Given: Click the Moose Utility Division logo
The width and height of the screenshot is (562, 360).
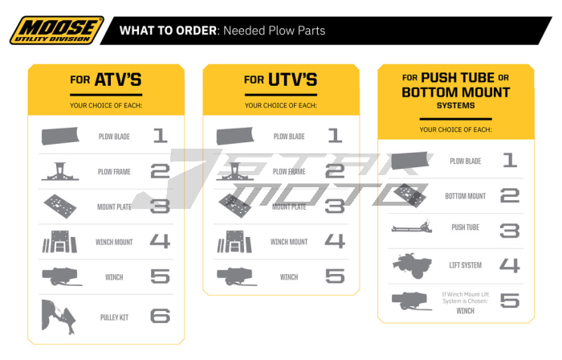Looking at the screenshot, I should click(56, 30).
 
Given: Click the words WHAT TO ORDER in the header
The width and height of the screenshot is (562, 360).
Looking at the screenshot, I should click(168, 31).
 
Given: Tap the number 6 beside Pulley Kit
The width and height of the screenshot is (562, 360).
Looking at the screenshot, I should click(160, 315).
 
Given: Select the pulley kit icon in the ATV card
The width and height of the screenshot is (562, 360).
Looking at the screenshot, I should click(61, 315).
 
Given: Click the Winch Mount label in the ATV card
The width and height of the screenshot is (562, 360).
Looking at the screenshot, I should click(114, 242).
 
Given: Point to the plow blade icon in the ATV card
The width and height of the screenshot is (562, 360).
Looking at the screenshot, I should click(61, 136).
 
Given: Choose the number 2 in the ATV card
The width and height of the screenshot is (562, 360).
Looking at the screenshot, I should click(160, 171).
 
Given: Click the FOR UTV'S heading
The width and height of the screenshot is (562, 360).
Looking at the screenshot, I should click(281, 80).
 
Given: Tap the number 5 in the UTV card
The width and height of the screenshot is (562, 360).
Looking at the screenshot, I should click(335, 277).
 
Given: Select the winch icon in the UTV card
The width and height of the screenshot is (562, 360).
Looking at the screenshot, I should click(236, 277).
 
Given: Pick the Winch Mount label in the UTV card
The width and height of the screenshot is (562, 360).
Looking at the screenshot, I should click(289, 242).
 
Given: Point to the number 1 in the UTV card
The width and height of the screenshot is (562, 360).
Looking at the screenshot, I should click(335, 137).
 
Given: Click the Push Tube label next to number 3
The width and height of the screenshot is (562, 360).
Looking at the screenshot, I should click(465, 228).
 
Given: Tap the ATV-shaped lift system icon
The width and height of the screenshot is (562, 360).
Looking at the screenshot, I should click(411, 264).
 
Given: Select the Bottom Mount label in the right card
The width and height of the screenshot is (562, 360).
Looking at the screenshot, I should click(465, 195).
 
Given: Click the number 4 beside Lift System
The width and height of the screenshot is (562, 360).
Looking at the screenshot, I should click(509, 264).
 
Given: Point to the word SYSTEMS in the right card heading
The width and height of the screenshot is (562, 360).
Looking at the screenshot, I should click(455, 105).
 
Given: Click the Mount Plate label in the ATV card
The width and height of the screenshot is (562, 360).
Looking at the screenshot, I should click(114, 207).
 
